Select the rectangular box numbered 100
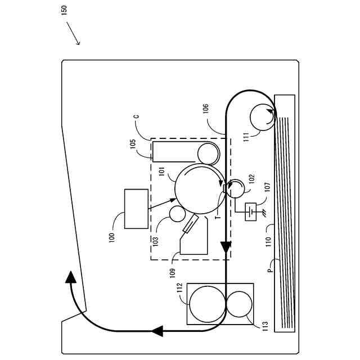pyautogui.click(x=136, y=209)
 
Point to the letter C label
pyautogui.click(x=136, y=117)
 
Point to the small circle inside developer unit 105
pyautogui.click(x=208, y=152)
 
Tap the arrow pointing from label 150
pyautogui.click(x=73, y=34)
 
